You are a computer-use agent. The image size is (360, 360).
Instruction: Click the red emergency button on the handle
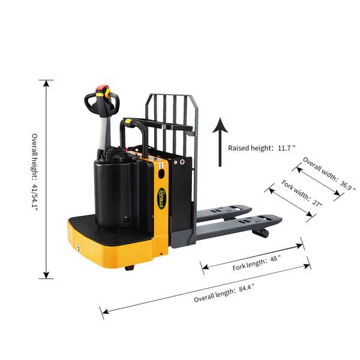click(x=102, y=88)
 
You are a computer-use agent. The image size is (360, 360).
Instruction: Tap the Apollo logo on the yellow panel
click(x=161, y=199)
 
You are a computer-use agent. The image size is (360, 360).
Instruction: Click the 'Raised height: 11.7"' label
click(x=261, y=148)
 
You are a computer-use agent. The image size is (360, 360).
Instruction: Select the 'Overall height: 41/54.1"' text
click(x=34, y=172)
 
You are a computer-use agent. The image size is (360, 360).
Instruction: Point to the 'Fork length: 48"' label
click(x=256, y=263)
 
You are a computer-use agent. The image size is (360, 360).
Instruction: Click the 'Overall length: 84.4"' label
click(x=224, y=293)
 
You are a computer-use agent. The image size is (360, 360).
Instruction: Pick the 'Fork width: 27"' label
click(x=302, y=193)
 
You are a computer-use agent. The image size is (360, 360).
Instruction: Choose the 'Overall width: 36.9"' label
click(x=329, y=173)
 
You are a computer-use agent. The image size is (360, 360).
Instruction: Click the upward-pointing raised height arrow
click(x=220, y=142)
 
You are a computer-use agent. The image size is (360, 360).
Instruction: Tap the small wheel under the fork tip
click(x=261, y=233)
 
